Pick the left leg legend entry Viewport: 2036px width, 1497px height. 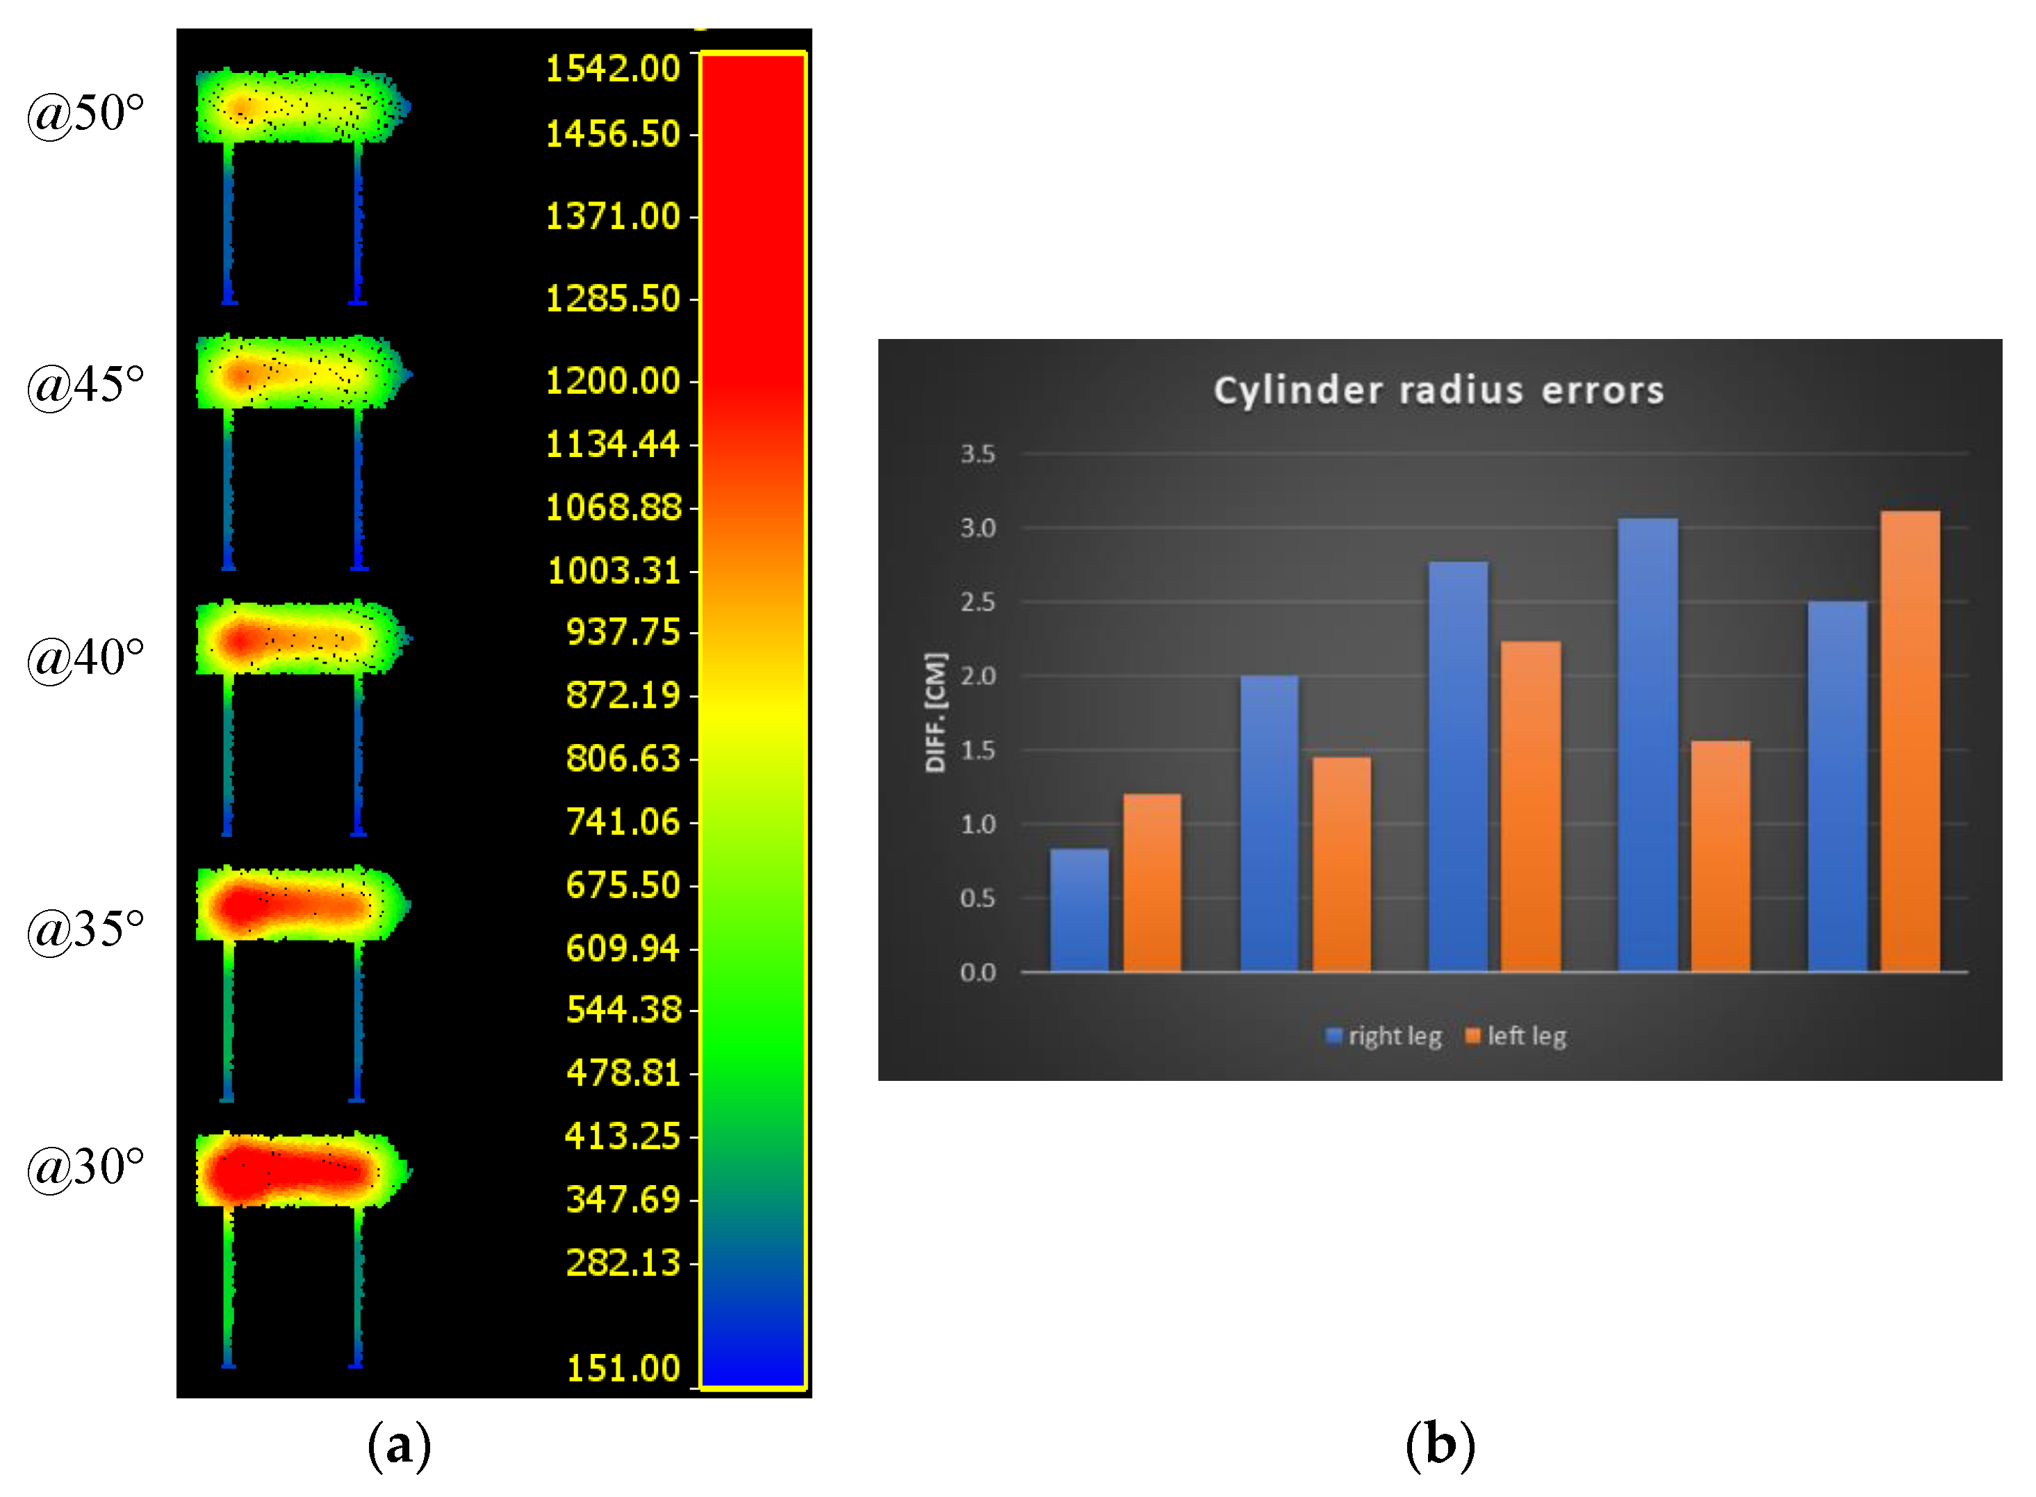[1516, 1036]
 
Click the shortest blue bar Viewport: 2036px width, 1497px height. [1078, 910]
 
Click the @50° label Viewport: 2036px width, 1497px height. [85, 114]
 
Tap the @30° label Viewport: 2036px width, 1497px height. [85, 1167]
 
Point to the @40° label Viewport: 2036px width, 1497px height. [85, 658]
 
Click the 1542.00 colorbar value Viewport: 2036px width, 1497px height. [612, 69]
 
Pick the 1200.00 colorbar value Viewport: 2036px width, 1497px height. [612, 381]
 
